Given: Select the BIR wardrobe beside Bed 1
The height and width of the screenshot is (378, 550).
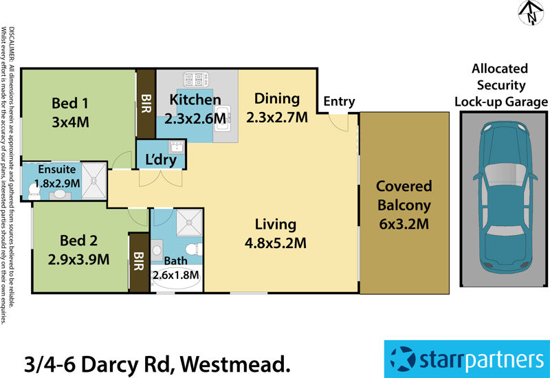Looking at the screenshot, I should point(145,103).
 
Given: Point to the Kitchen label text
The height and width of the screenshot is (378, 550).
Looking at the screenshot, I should point(195,100).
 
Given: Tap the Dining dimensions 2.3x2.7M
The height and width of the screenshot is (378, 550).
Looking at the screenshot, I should point(276,117).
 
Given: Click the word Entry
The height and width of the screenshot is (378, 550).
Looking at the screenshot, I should point(339,102).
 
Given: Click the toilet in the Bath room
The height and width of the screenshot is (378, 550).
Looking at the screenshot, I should point(194,248).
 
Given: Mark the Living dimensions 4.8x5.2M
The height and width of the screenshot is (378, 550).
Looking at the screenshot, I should point(275,242).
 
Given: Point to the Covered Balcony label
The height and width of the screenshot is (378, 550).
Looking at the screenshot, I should point(404,196).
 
